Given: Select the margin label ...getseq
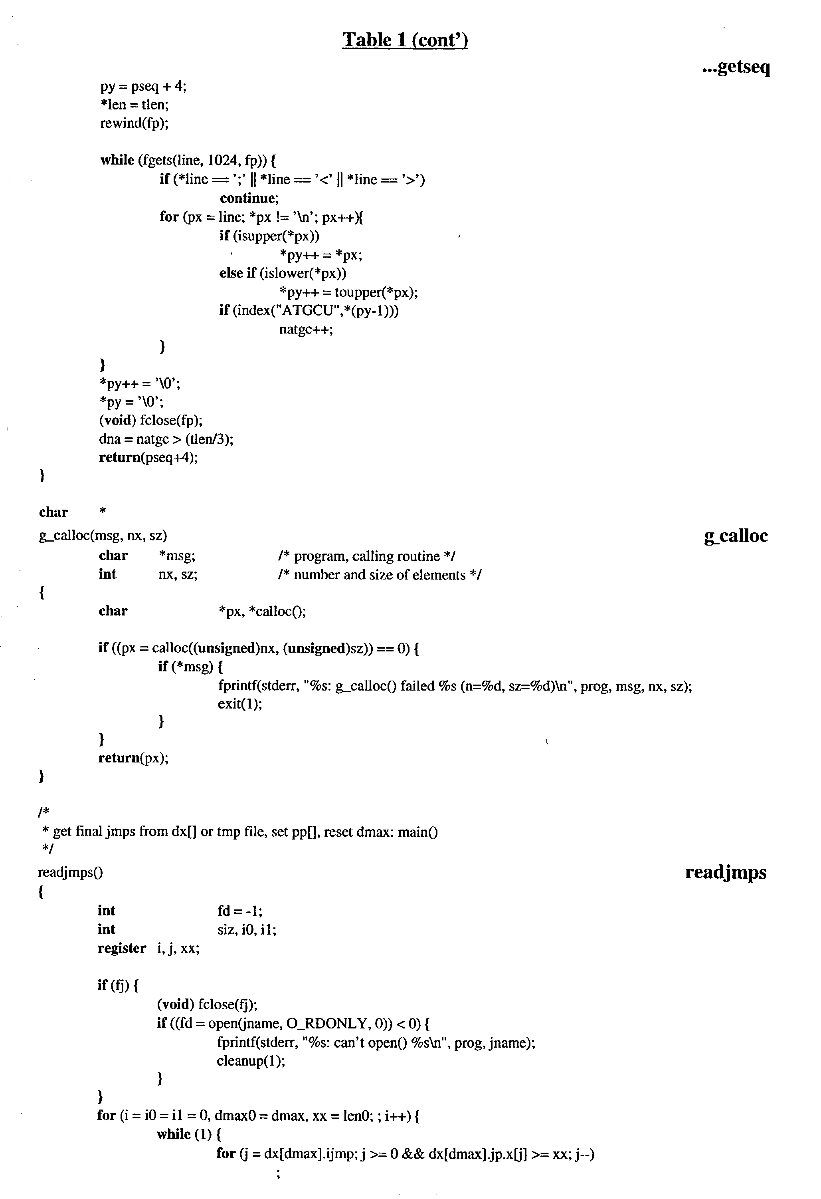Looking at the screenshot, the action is tap(736, 67).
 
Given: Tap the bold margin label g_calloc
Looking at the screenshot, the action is tap(736, 536).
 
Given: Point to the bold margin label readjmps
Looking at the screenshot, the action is tap(726, 872).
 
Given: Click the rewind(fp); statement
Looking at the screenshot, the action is tap(134, 123).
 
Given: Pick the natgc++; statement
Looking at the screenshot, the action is tap(306, 329).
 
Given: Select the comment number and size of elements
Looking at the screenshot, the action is tap(380, 575).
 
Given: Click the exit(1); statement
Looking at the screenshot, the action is tap(240, 704).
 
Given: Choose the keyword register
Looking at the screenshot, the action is tap(122, 948).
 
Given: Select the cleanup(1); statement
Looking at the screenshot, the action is tap(251, 1061).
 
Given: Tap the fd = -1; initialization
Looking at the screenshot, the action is tap(240, 911).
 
